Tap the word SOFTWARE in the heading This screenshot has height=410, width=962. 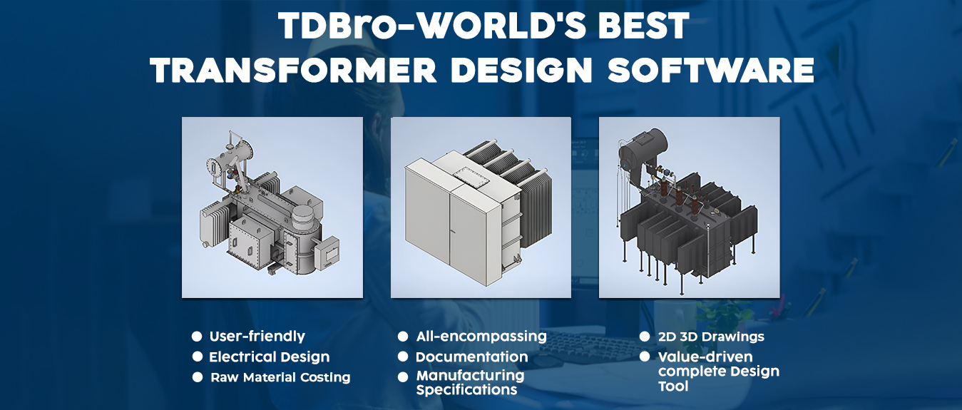click(x=711, y=70)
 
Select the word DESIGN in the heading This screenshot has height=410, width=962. click(x=522, y=70)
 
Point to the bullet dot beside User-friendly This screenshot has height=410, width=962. click(x=197, y=336)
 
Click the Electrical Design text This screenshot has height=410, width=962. click(x=270, y=357)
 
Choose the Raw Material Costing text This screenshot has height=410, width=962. click(x=280, y=377)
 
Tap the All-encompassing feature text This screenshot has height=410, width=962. click(x=481, y=337)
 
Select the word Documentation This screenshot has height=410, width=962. click(x=471, y=357)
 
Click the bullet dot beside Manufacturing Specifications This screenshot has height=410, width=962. click(x=403, y=377)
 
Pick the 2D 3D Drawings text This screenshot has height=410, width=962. click(x=711, y=337)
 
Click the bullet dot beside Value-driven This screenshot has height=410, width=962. click(x=644, y=357)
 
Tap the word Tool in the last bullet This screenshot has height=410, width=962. click(x=673, y=386)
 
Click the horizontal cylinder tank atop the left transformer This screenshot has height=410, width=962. click(x=230, y=158)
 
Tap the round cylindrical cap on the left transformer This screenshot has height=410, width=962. click(x=304, y=215)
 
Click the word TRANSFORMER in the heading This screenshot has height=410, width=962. click(x=294, y=70)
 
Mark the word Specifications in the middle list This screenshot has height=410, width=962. click(x=466, y=390)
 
